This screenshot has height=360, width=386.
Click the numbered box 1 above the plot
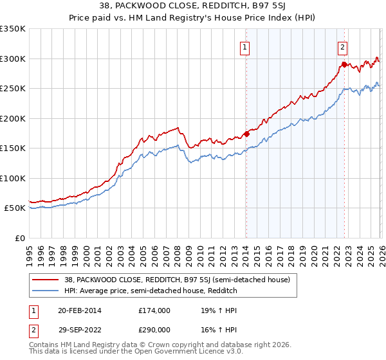(x=246, y=46)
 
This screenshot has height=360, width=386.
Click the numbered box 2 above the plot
(x=343, y=46)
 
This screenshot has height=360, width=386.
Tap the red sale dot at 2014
(x=246, y=134)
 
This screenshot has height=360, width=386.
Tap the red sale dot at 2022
(x=344, y=64)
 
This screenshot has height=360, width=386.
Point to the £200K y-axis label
(x=13, y=118)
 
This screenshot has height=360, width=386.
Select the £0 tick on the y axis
(x=19, y=238)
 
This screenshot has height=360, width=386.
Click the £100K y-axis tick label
(x=13, y=178)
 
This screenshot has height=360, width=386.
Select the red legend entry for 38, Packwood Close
(x=177, y=280)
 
